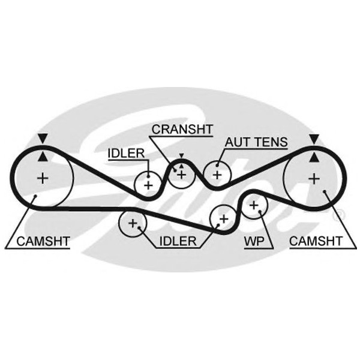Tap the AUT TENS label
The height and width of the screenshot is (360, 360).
coord(256,143)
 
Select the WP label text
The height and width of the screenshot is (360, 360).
coord(254,242)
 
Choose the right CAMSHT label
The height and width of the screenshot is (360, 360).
coord(316,242)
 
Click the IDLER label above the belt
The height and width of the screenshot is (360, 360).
coord(126,153)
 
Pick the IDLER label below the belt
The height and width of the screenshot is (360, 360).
coord(178,242)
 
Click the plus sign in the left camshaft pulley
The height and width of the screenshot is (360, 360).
coord(42,178)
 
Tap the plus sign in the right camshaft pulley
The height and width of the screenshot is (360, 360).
coord(313,178)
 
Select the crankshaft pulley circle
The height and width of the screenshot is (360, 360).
coord(181,174)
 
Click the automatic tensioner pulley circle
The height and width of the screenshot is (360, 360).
coord(217,175)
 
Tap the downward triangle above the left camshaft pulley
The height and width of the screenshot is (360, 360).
coord(41,139)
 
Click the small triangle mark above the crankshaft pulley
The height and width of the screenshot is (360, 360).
coord(181,157)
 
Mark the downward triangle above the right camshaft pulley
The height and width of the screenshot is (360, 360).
coord(313,139)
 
